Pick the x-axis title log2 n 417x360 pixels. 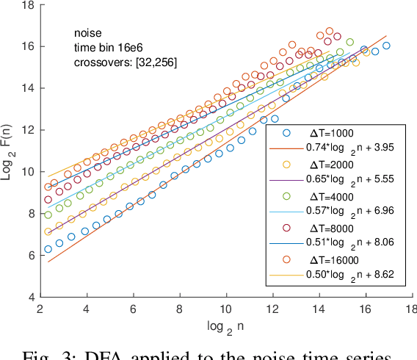coord(225,326)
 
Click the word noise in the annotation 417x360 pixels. coord(87,32)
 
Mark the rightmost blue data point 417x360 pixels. coord(386,46)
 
